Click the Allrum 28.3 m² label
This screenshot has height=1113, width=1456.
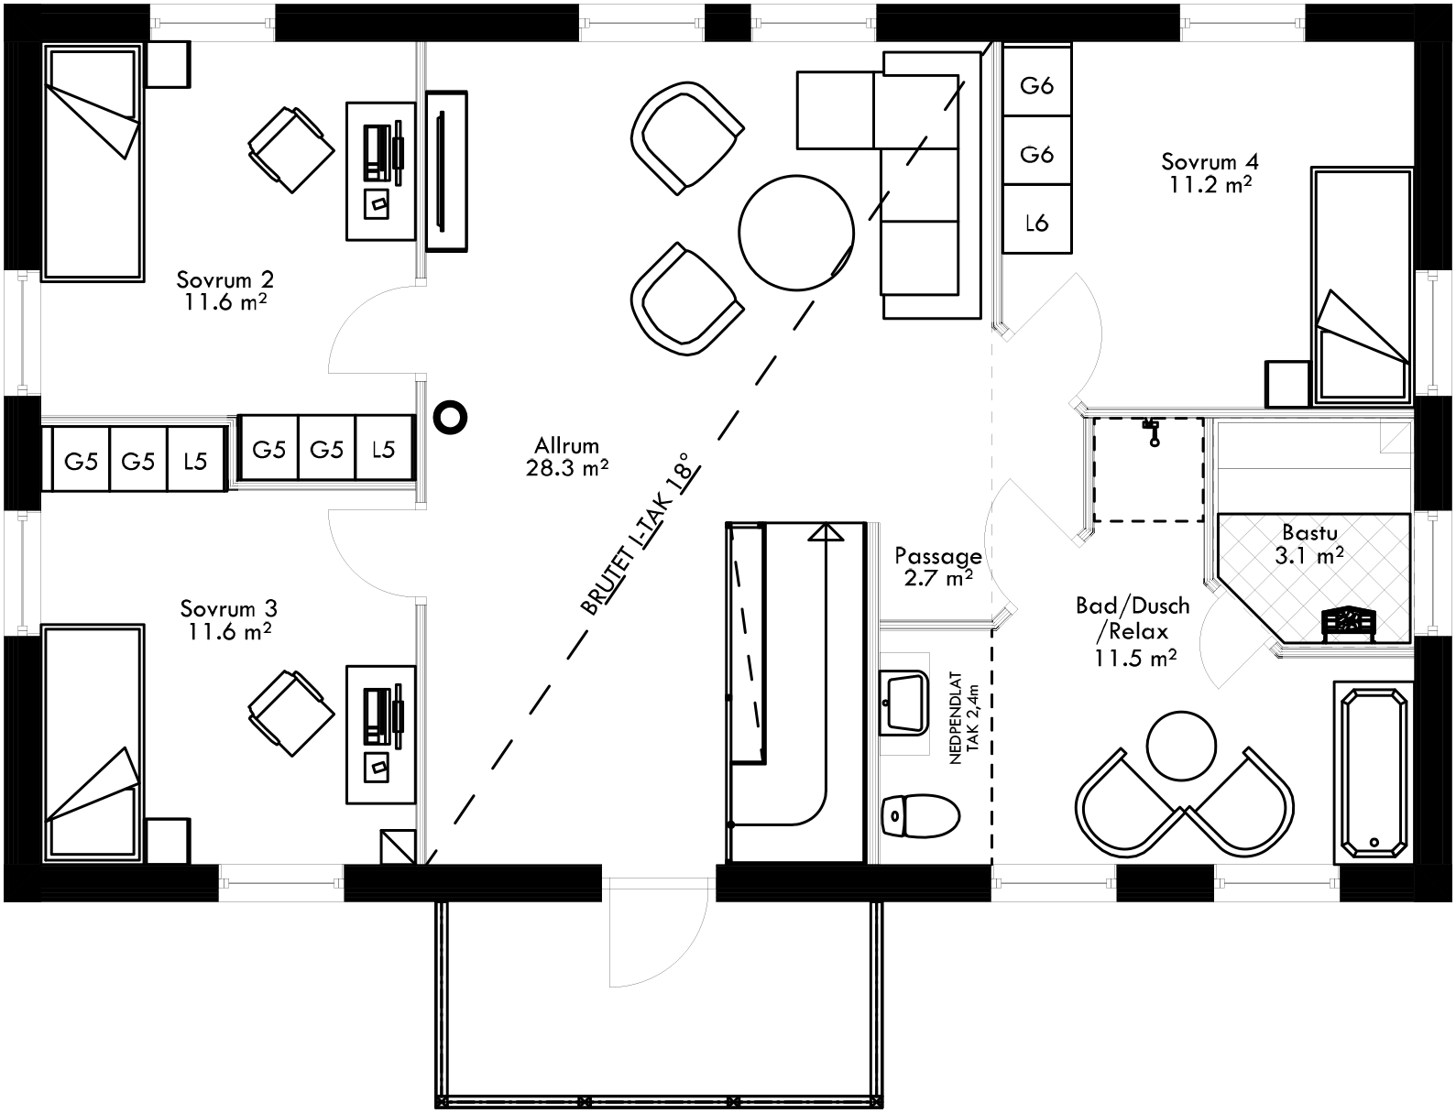567,457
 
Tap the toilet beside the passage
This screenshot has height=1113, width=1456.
919,815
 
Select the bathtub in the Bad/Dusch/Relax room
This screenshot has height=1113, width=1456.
1373,770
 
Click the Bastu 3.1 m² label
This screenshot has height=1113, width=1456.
1308,543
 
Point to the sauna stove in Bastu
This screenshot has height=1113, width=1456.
1348,621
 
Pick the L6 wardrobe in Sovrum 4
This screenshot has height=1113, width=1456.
1036,222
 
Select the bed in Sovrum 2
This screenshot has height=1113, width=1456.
93,163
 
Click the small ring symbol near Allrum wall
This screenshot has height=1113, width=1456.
450,417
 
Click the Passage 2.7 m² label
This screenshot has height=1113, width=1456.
937,566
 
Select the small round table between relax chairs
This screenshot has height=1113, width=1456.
1181,745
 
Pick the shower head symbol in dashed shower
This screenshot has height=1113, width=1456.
1152,431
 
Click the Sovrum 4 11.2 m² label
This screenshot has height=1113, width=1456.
1210,172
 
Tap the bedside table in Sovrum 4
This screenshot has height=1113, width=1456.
1287,384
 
